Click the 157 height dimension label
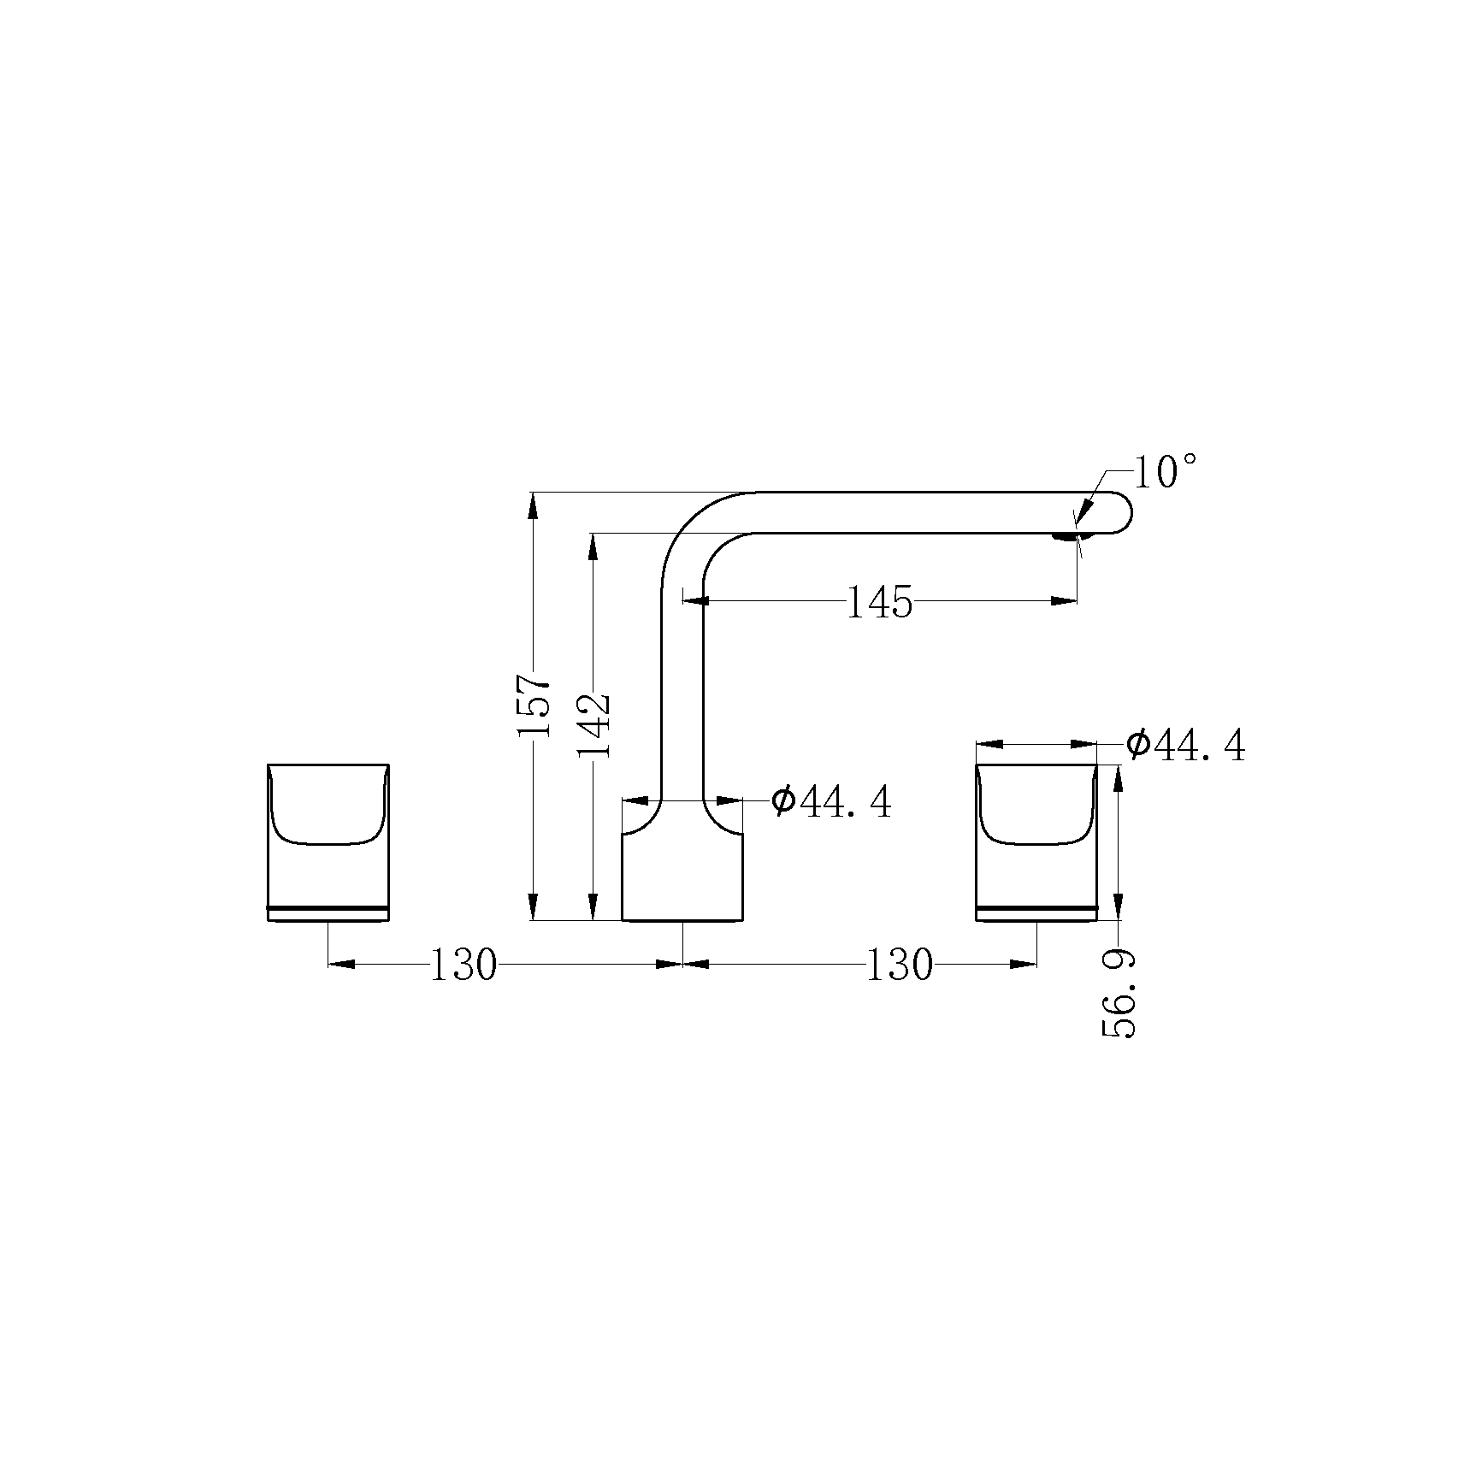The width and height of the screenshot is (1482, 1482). tap(532, 706)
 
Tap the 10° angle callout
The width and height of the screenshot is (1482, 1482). tap(1164, 472)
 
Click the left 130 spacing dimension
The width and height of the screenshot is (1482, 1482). tap(463, 965)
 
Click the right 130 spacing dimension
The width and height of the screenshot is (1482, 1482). tap(898, 965)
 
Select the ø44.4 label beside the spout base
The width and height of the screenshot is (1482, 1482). tap(830, 802)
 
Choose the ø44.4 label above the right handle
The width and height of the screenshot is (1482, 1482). tap(1185, 746)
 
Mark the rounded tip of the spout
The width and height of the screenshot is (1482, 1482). tap(1122, 513)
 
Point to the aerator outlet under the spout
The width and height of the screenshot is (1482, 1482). tap(1066, 537)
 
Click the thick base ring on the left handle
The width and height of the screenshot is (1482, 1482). tap(328, 906)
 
